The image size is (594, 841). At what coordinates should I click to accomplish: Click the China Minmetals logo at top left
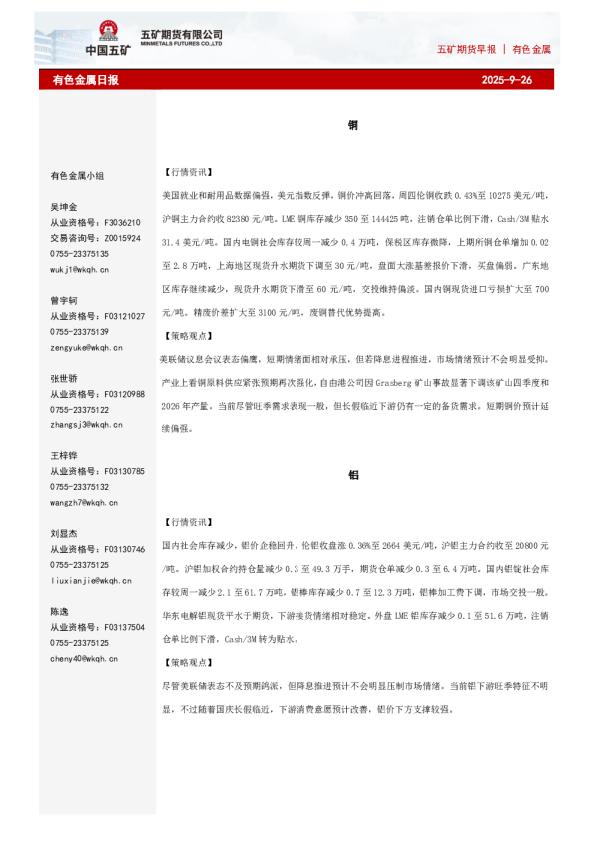[x=109, y=39]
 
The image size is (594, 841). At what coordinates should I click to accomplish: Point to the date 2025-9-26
[x=506, y=80]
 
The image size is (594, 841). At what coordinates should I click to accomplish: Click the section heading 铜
[x=353, y=125]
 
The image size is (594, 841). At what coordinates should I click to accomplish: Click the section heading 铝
[x=353, y=474]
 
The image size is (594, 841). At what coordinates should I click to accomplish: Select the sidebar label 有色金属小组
[x=77, y=175]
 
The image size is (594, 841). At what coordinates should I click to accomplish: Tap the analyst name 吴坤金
[x=64, y=206]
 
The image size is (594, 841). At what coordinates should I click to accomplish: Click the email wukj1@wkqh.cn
[x=80, y=270]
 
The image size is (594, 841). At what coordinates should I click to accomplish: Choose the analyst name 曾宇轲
[x=64, y=300]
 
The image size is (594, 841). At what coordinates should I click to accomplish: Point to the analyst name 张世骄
[x=64, y=378]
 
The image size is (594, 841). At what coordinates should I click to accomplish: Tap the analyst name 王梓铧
[x=64, y=455]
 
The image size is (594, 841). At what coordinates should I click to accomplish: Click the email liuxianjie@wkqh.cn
[x=90, y=580]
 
